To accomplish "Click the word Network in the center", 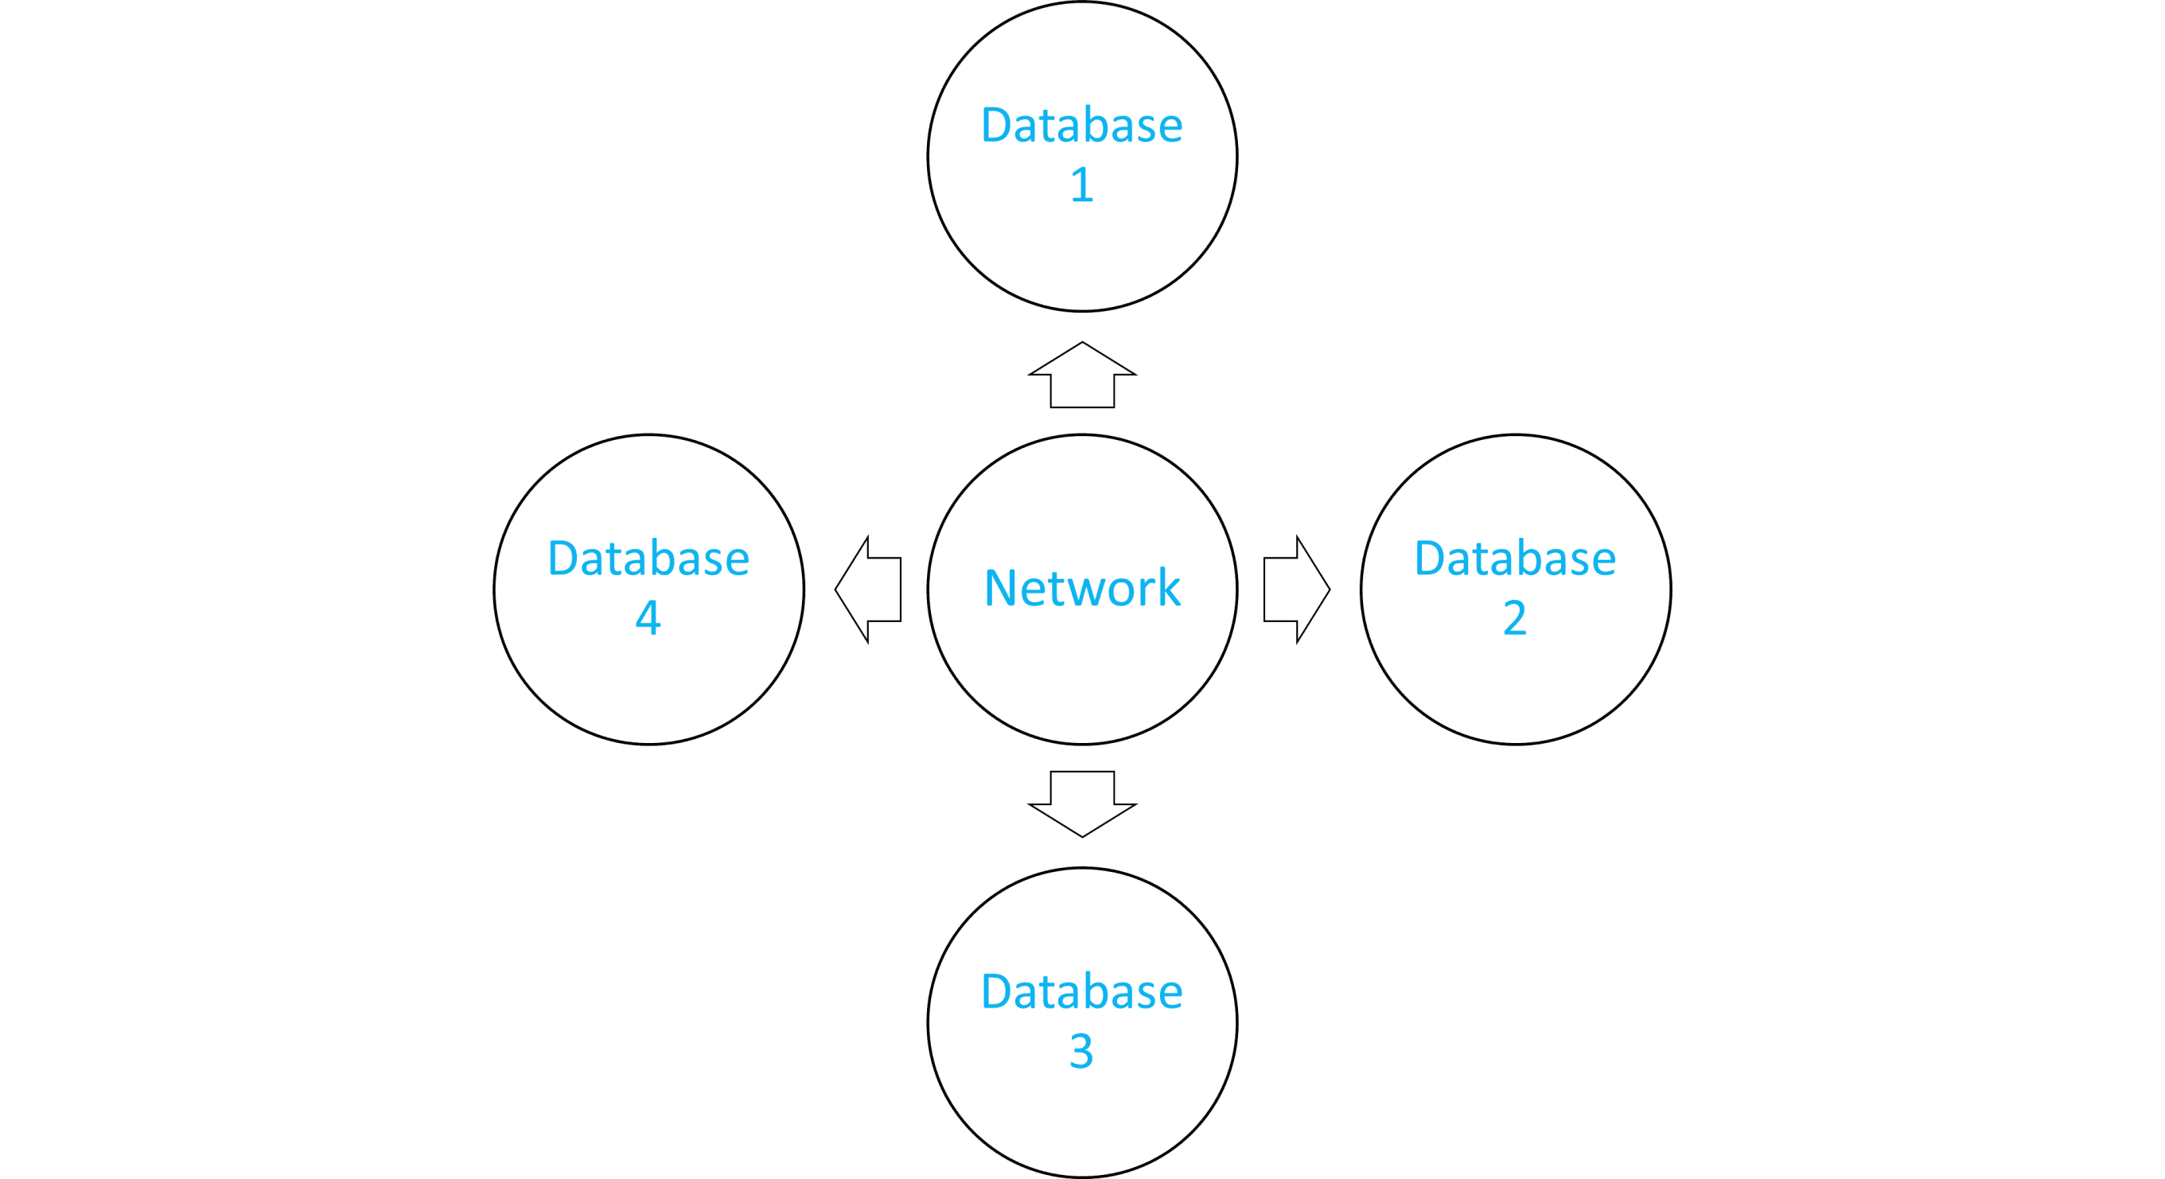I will pos(1081,587).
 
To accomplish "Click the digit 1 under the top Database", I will pos(1081,185).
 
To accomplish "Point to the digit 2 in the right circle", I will pos(1514,618).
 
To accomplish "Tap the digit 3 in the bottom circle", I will pos(1081,1050).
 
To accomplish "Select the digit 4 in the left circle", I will pos(648,618).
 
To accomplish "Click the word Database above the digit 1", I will pos(1081,126).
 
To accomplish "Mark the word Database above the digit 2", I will pos(1514,558).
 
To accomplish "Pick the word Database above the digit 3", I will pos(1081,991).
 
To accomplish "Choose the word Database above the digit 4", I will pos(648,558).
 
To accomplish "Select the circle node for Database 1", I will pos(1081,252).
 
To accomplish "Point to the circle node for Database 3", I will pos(1081,1118).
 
